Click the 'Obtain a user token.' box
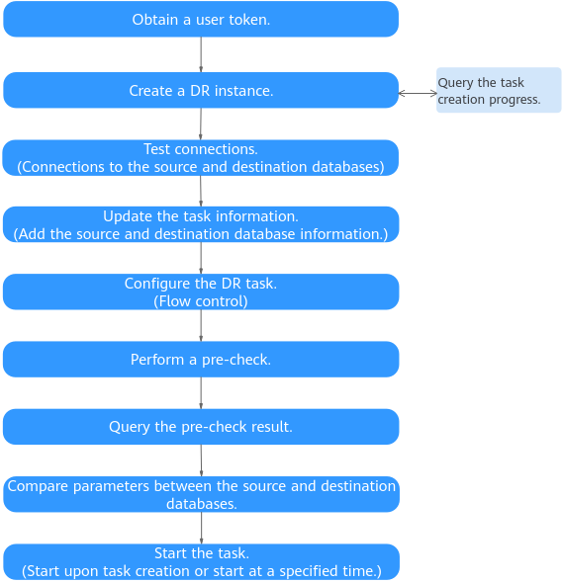tap(201, 19)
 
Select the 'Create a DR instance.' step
tap(201, 90)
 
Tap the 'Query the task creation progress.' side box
tap(499, 90)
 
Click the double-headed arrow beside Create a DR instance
tap(418, 93)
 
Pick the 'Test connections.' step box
tap(201, 158)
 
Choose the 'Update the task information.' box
tap(201, 224)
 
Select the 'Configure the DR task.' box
tap(201, 291)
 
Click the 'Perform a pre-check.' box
tap(201, 359)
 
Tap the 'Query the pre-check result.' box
tap(201, 427)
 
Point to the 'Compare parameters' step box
tap(202, 494)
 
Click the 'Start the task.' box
tap(202, 562)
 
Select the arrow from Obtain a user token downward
tap(201, 54)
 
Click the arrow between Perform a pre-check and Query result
tap(201, 393)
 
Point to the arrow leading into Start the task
tap(202, 528)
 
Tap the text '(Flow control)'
tap(201, 301)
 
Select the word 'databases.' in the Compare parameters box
tap(202, 504)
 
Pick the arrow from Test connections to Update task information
tap(201, 191)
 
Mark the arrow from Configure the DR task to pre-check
tap(201, 325)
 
